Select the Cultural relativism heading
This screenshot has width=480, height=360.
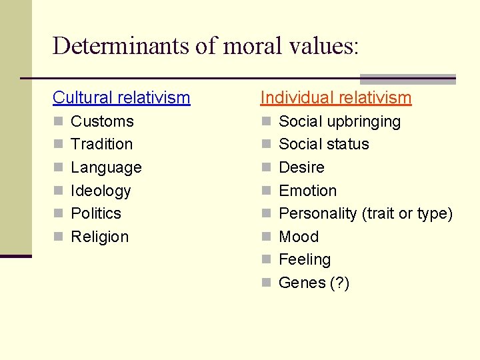point(121,98)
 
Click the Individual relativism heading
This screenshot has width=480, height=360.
point(335,98)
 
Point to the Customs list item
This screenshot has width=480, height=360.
point(102,121)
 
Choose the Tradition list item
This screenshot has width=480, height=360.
point(101,144)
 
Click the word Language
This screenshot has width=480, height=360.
point(106,167)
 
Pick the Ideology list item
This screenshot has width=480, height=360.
point(101,191)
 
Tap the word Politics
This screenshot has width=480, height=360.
point(96,213)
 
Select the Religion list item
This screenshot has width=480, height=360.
point(99,237)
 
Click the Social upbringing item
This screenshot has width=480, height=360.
point(339,121)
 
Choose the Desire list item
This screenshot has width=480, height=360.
point(301,167)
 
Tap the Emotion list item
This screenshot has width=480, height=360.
point(307,191)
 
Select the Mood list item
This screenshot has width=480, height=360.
point(299,237)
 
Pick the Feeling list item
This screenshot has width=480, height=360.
point(304,259)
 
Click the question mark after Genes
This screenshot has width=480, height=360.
point(339,283)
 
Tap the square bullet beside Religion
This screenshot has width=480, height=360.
point(58,237)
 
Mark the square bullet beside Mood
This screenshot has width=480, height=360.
point(266,237)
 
